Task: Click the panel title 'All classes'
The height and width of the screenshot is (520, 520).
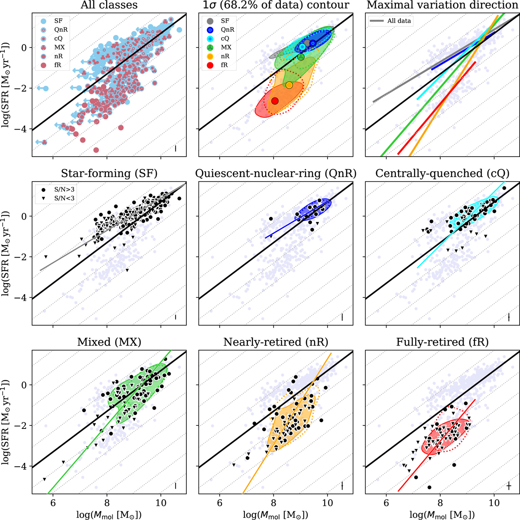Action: click(109, 5)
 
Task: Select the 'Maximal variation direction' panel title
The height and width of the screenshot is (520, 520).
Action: click(442, 5)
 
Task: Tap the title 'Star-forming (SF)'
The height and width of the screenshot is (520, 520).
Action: click(109, 173)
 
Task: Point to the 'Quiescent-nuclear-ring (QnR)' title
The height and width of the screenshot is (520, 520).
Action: click(276, 173)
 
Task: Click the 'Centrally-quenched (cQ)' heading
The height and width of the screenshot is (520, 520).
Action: click(442, 173)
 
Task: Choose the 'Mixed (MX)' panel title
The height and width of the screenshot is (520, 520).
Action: click(109, 342)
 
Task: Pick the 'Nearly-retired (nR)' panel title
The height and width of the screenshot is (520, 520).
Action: click(276, 342)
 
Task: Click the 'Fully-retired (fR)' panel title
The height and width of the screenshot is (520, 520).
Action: click(442, 342)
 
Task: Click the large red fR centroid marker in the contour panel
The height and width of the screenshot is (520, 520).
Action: click(275, 101)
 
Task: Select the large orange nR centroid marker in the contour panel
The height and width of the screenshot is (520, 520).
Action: click(289, 85)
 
